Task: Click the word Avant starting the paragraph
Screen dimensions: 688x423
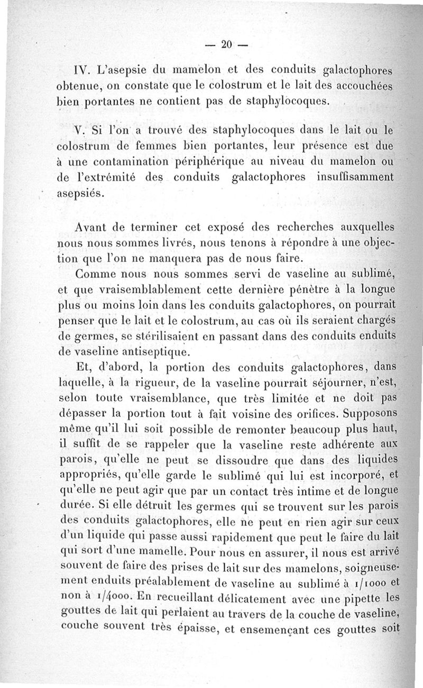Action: point(91,228)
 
